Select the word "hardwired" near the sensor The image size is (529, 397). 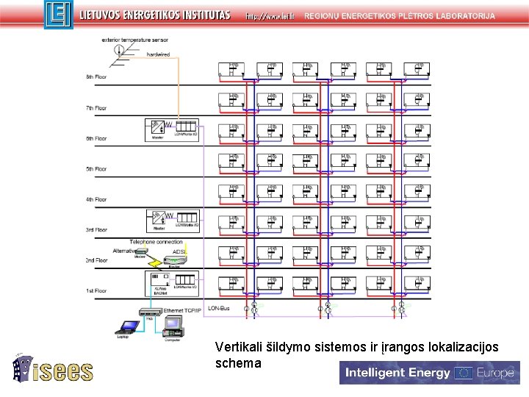[158, 54]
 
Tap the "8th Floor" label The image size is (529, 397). [96, 77]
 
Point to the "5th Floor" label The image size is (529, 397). [96, 169]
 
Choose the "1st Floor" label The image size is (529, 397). [96, 291]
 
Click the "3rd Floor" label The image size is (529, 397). [96, 230]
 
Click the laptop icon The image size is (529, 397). [128, 327]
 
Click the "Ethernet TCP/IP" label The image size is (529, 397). [184, 311]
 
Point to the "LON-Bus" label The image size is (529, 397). [219, 308]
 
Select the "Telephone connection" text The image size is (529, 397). [156, 242]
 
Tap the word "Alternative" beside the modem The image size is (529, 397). [125, 251]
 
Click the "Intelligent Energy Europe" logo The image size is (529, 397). [429, 373]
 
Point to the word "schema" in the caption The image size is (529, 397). [238, 363]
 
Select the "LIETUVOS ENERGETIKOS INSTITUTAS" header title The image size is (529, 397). [154, 15]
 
